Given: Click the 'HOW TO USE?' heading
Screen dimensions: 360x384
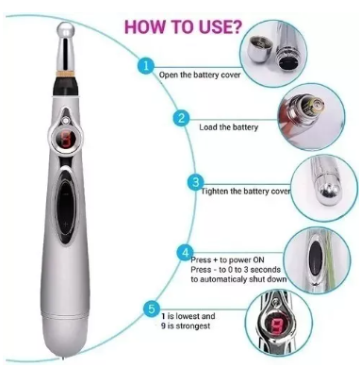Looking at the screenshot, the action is click(184, 26).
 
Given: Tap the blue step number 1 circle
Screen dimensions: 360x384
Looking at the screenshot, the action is click(145, 66).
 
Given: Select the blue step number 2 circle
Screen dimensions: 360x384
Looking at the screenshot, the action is click(181, 118).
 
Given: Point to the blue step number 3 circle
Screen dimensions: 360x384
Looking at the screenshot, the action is click(196, 182).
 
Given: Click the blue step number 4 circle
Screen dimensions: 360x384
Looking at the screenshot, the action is click(186, 253).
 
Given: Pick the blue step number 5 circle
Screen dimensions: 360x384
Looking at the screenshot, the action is click(152, 309).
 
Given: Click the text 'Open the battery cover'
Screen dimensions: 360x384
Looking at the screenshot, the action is click(200, 75).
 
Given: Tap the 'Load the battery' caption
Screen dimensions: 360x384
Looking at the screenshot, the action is click(228, 127).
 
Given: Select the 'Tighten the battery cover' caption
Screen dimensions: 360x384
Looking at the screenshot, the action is click(245, 192).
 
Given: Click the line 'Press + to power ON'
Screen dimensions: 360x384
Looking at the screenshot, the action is click(228, 260).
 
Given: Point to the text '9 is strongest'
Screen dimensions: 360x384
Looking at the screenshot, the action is click(186, 326).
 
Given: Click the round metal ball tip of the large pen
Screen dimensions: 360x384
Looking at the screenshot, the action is click(65, 30).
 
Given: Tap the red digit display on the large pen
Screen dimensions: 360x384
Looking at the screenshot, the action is click(66, 139).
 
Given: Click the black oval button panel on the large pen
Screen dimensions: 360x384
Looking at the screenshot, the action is click(66, 206).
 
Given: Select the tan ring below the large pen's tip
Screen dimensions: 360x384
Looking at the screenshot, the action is click(66, 75).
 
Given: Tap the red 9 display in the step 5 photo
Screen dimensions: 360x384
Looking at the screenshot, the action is click(276, 326).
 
